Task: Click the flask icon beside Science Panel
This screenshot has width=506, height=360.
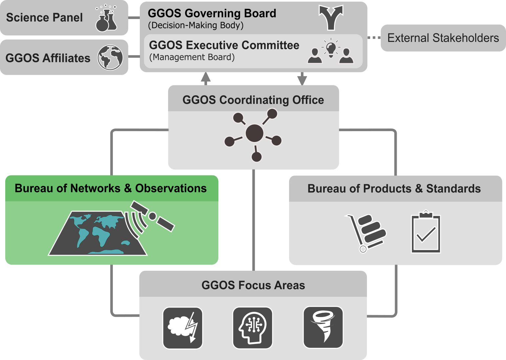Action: (x=106, y=19)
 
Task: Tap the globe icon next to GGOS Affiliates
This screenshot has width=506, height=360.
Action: (x=110, y=57)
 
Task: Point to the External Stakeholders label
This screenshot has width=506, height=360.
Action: (x=443, y=38)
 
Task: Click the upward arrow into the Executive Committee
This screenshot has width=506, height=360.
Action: (x=206, y=78)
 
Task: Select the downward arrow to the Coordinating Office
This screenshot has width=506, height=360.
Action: (x=302, y=79)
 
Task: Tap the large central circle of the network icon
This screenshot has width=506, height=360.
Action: (x=254, y=133)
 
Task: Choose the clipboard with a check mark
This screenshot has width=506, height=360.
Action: (x=426, y=232)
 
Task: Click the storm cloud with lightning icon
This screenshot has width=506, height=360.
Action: (x=183, y=328)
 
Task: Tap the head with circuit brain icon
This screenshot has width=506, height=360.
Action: (x=252, y=328)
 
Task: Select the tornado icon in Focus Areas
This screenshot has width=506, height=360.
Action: (x=323, y=327)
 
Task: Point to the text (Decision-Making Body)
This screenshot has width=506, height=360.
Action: (x=196, y=26)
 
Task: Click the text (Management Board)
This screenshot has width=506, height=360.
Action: (x=192, y=57)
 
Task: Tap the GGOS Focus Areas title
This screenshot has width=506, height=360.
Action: (x=253, y=285)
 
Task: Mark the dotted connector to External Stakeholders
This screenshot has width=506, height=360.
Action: (x=374, y=38)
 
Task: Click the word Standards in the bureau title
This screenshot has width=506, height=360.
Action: (x=453, y=189)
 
